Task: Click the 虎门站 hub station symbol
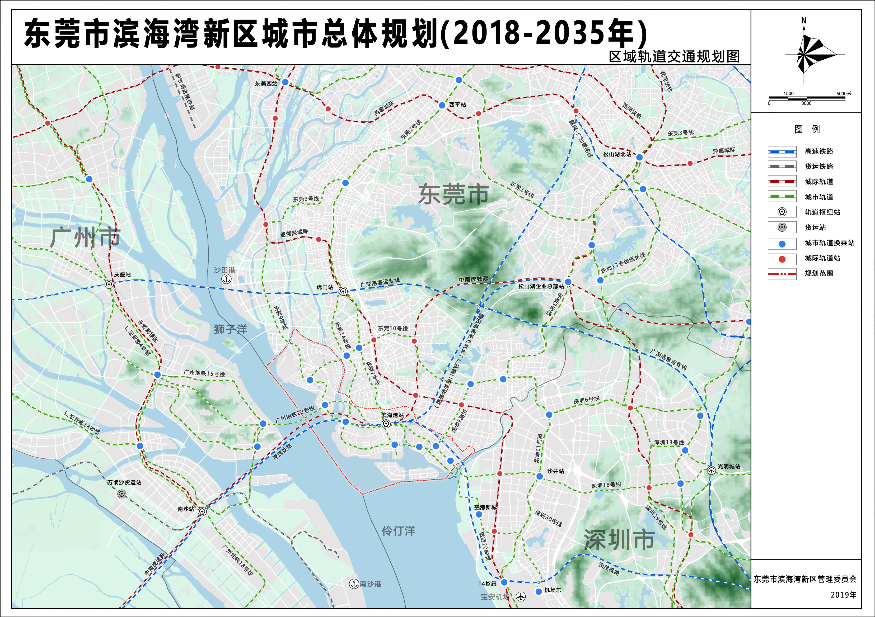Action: point(343,292)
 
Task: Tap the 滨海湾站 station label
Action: point(392,415)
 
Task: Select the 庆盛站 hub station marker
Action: point(109,284)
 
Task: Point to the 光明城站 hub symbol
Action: point(711,470)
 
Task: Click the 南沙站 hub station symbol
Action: point(202,511)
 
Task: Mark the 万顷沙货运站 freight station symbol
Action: point(121,494)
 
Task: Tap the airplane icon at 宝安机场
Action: point(521,596)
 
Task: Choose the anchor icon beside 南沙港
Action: point(354,583)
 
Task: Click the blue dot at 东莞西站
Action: point(285,82)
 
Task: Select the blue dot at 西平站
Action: point(442,105)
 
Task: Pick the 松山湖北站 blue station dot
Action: point(639,157)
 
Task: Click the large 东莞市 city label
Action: point(453,194)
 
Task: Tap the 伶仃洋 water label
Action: point(398,530)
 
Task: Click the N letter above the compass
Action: point(804,21)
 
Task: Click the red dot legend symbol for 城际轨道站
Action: point(782,259)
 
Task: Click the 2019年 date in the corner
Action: point(843,595)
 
